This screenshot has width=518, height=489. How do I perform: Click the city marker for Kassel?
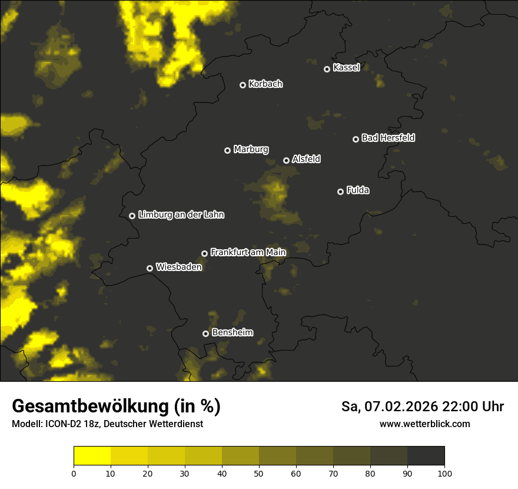(327, 69)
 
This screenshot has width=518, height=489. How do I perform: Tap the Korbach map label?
(265, 84)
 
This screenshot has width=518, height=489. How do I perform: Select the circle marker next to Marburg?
(227, 150)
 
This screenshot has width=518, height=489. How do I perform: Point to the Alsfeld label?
(306, 159)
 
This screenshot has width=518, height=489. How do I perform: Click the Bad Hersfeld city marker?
(356, 139)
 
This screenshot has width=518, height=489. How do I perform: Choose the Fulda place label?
(358, 190)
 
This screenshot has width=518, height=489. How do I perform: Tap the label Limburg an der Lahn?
(181, 215)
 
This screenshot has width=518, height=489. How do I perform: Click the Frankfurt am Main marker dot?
(204, 253)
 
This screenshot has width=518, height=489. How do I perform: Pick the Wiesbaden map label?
(179, 267)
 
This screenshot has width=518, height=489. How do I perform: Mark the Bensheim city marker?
(205, 333)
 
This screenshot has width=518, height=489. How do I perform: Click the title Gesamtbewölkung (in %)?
(116, 406)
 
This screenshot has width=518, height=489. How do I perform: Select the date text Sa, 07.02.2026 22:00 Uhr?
(422, 407)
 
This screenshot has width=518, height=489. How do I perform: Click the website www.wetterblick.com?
(424, 424)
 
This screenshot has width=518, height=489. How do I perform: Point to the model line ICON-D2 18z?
(107, 424)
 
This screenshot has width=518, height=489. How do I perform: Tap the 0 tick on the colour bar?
(74, 473)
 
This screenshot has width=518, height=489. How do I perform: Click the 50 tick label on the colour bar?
(259, 473)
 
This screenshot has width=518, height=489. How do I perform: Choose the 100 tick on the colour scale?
(444, 473)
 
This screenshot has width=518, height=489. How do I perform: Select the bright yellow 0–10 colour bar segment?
(92, 455)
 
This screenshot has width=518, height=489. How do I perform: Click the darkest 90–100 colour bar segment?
(426, 455)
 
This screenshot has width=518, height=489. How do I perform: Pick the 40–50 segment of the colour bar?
(240, 455)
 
